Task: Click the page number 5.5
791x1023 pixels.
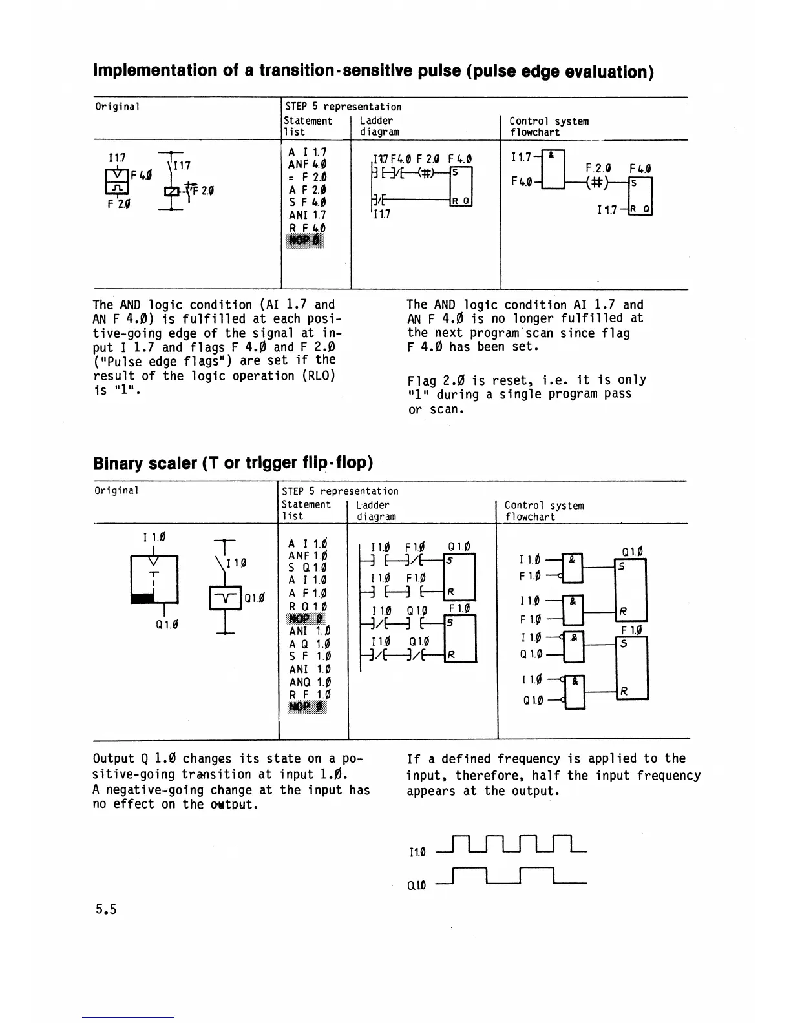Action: click(x=105, y=909)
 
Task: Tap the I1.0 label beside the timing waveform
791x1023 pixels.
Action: click(x=417, y=852)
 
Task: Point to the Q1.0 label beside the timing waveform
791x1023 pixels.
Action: click(x=417, y=884)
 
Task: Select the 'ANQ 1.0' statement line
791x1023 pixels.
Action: click(x=310, y=682)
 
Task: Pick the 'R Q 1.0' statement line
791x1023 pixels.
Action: click(x=309, y=606)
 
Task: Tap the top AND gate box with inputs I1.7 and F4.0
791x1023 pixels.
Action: click(x=553, y=169)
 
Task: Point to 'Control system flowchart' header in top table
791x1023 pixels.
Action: click(x=548, y=127)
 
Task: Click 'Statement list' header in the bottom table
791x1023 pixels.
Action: click(x=306, y=510)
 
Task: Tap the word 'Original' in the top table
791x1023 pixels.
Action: click(x=117, y=107)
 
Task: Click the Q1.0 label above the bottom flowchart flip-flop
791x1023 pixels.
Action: click(x=631, y=552)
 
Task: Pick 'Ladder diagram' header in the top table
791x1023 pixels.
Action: click(x=379, y=126)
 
